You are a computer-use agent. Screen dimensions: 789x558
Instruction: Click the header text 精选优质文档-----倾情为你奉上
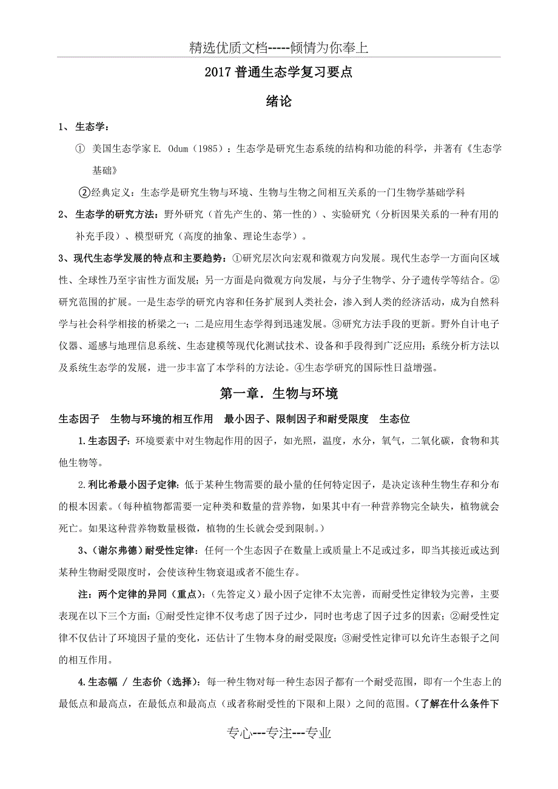[x=278, y=48]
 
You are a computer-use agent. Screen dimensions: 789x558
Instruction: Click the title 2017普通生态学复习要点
[x=278, y=73]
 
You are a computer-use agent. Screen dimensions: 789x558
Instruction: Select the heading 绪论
[x=278, y=101]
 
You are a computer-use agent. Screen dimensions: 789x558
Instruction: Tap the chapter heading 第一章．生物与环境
[x=278, y=393]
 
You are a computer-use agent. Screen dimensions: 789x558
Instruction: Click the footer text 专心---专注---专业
[x=278, y=733]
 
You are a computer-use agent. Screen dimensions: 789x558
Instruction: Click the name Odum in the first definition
[x=180, y=148]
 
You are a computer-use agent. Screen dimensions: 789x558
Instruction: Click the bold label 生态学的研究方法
[x=116, y=214]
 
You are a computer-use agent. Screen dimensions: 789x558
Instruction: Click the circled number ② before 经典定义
[x=86, y=192]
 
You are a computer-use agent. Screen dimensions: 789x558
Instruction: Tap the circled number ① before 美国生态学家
[x=80, y=148]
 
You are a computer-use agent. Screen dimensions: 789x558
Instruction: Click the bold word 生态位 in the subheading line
[x=395, y=419]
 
